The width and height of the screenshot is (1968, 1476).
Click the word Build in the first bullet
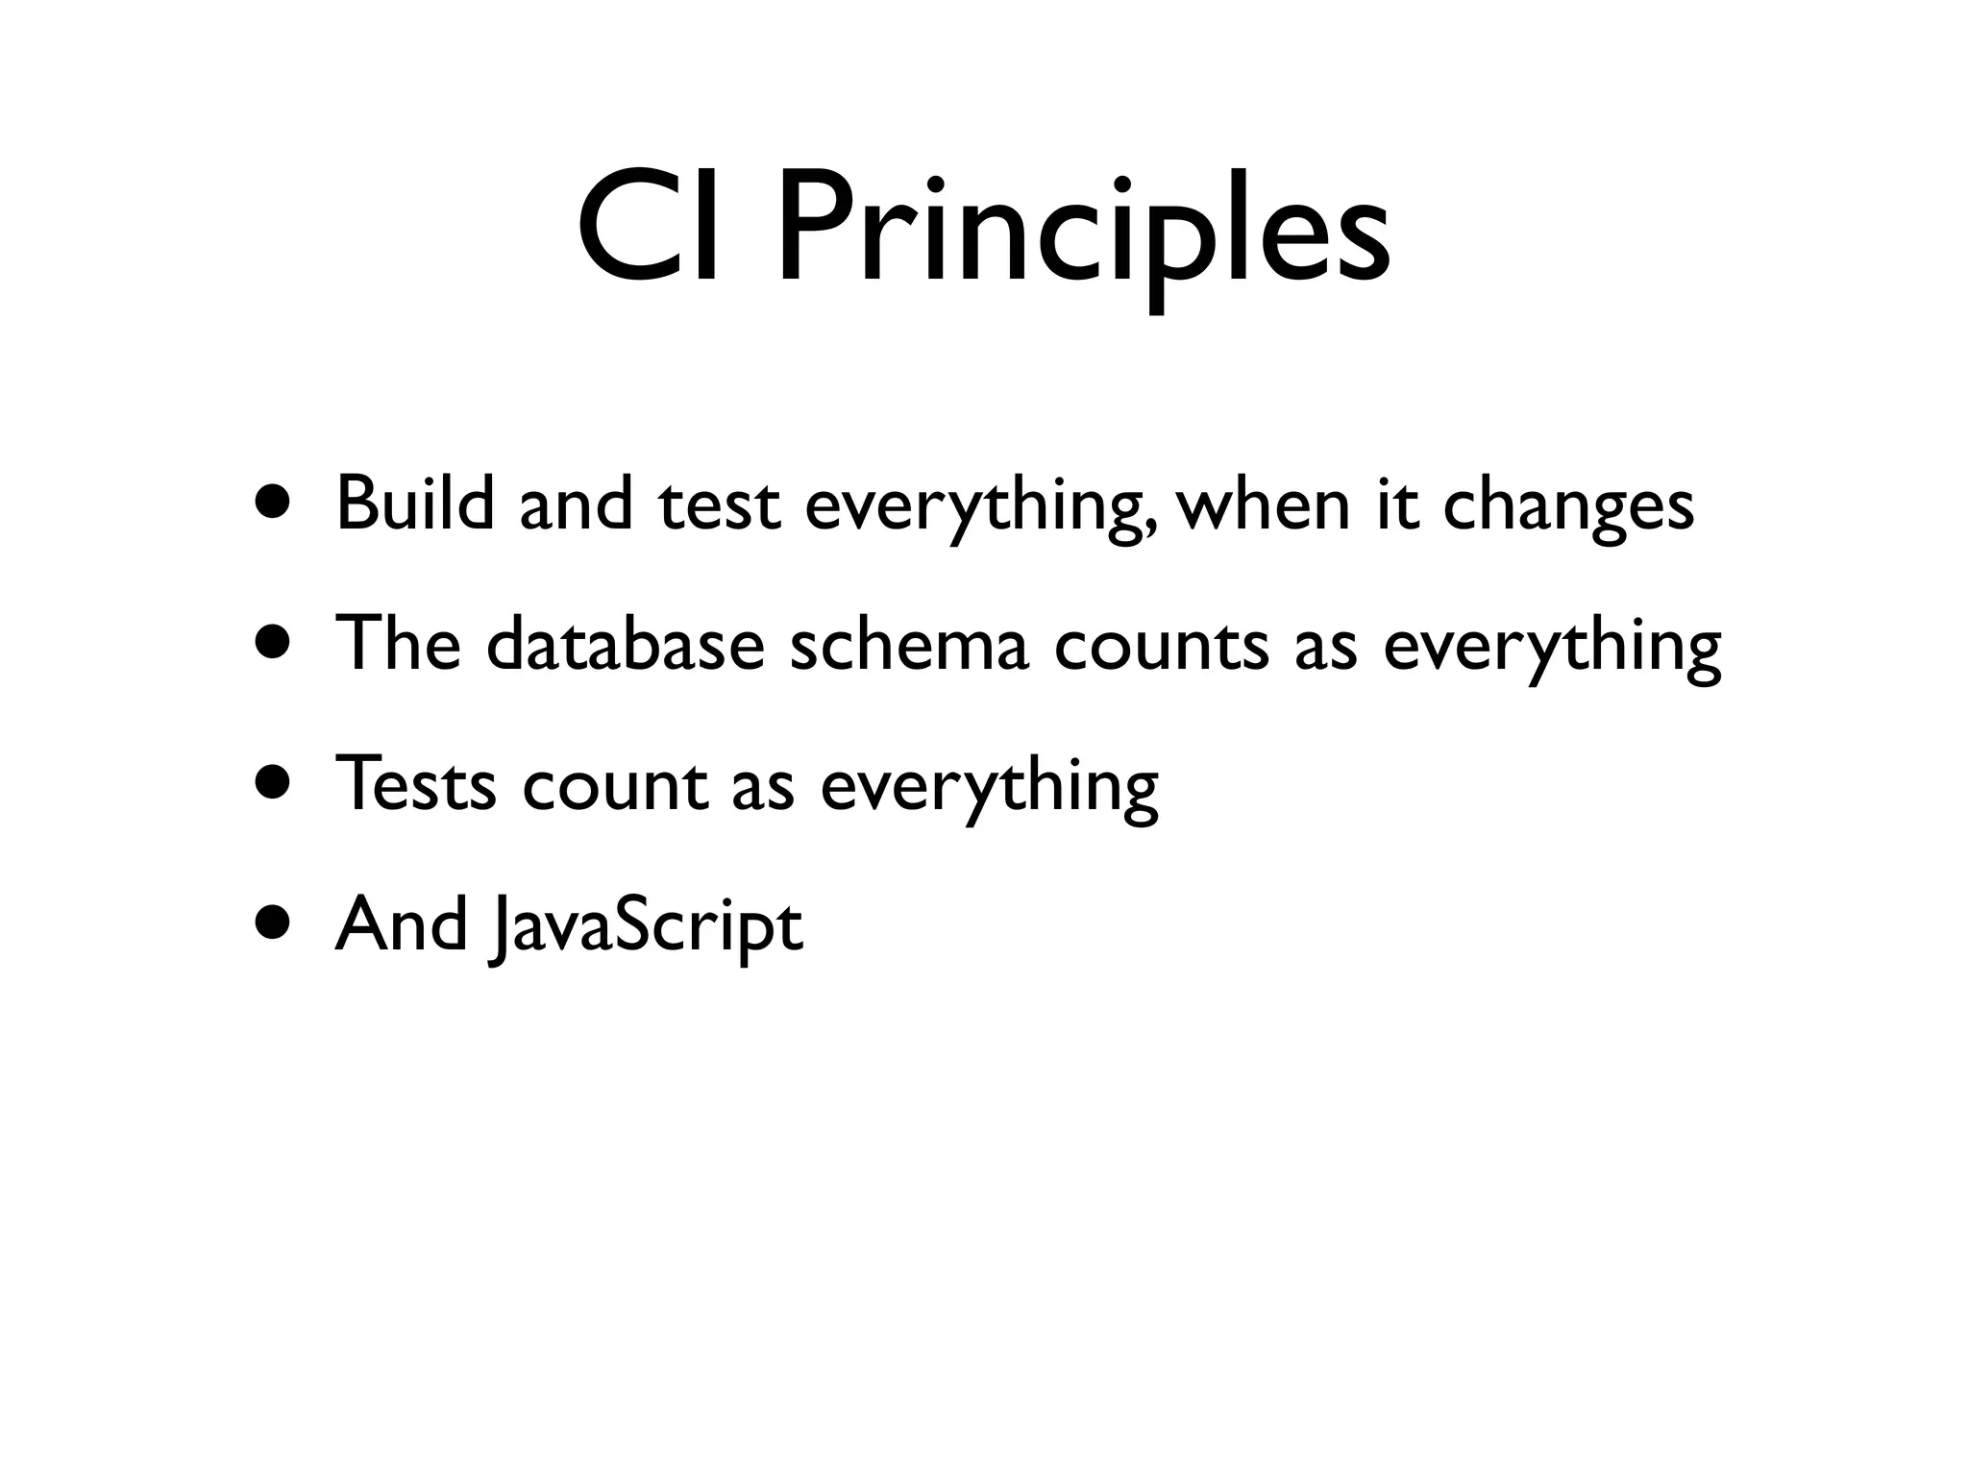[414, 504]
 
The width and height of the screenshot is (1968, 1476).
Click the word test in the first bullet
[719, 505]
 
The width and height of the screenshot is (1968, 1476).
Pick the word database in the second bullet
[625, 644]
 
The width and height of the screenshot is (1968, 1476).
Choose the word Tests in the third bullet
[415, 784]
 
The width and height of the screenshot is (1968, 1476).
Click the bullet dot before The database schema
[273, 644]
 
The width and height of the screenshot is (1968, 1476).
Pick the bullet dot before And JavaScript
[273, 922]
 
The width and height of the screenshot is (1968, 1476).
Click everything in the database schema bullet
[1552, 648]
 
